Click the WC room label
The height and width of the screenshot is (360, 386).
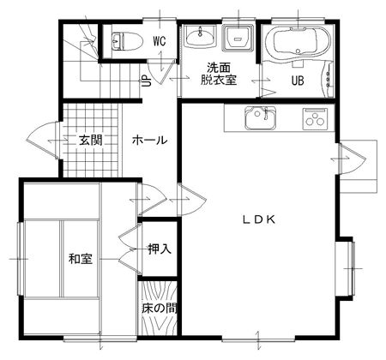(160, 41)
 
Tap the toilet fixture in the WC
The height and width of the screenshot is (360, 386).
(127, 42)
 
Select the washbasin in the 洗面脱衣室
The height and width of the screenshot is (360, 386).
(200, 36)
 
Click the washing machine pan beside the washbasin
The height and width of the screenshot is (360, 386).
(238, 38)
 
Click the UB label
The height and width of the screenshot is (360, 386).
(298, 81)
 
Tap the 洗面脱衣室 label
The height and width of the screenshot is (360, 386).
(219, 74)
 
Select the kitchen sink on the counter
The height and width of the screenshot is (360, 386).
(260, 117)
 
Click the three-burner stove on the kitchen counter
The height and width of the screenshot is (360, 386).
(315, 118)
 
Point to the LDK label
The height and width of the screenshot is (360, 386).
(259, 219)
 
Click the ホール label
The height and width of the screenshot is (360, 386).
(149, 141)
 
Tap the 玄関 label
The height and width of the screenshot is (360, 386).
(90, 141)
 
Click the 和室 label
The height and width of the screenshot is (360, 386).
(81, 259)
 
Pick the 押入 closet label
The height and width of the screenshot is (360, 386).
(160, 249)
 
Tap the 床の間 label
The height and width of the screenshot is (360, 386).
(160, 309)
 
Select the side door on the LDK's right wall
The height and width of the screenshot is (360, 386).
(353, 158)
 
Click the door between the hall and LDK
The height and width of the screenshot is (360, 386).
(191, 200)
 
